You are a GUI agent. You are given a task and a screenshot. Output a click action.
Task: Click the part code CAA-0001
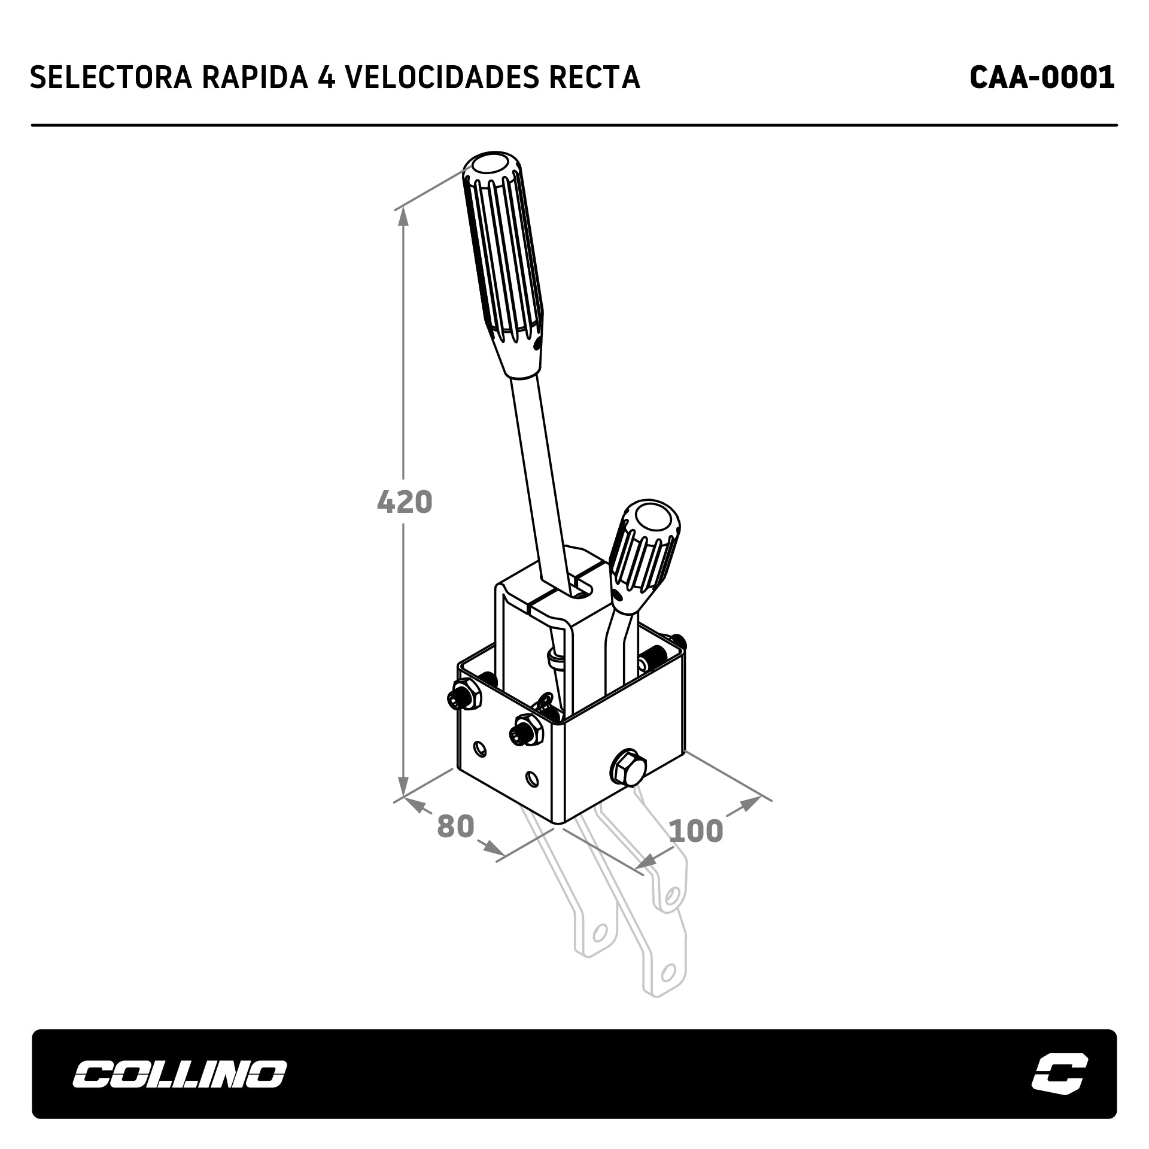[1042, 77]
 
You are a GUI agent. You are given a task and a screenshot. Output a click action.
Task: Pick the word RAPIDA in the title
[256, 77]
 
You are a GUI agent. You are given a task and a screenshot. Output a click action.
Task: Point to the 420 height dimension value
[405, 502]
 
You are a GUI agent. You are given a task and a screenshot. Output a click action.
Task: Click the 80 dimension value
[455, 826]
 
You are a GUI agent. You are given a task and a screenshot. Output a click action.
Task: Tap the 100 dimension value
[695, 831]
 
